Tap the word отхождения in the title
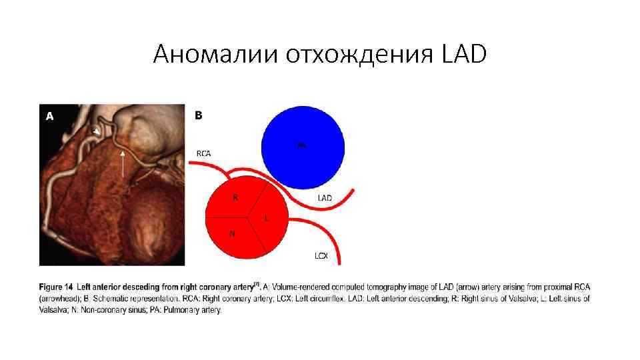[x=361, y=54]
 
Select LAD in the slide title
[x=464, y=54]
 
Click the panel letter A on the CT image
[x=49, y=116]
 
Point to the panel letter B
[x=198, y=115]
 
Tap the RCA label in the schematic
[x=203, y=153]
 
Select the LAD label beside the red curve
[x=325, y=198]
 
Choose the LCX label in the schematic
[x=321, y=255]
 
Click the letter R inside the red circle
[x=235, y=197]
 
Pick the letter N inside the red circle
[x=231, y=233]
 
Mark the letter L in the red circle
[x=266, y=218]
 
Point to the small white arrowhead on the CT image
[x=97, y=133]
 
